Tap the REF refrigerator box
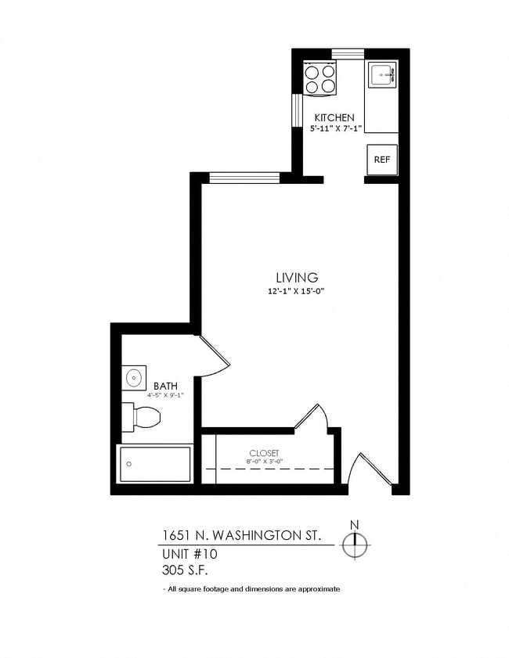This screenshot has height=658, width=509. [x=382, y=160]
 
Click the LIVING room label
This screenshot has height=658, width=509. [x=297, y=278]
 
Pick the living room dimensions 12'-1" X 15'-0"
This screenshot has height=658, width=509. [x=297, y=292]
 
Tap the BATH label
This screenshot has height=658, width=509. [x=165, y=386]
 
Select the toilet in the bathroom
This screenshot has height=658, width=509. [x=143, y=416]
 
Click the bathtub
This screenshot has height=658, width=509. [x=155, y=465]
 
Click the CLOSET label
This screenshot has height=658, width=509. [x=264, y=453]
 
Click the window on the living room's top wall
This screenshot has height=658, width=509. [x=245, y=178]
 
